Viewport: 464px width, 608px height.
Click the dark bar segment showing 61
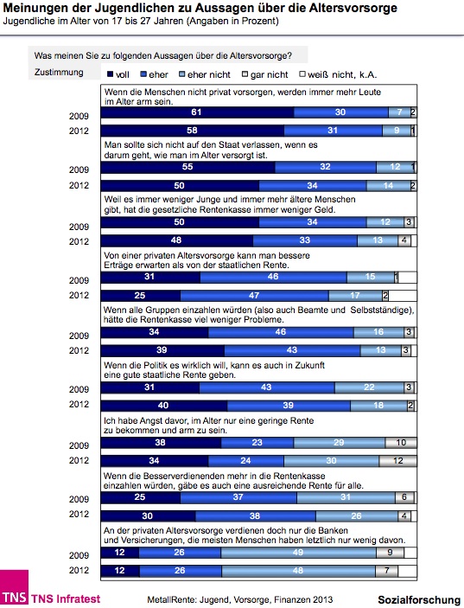coord(197,112)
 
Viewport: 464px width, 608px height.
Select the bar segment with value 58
coord(193,131)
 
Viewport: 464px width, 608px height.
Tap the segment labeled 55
coord(188,167)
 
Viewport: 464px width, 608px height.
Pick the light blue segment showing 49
coord(298,553)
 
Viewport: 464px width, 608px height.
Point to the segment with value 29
coord(340,443)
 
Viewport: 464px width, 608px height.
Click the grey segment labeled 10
coord(401,443)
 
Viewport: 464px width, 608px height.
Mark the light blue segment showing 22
coord(370,387)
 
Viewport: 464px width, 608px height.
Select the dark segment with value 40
coord(164,406)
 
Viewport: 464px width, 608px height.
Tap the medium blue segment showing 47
coord(254,296)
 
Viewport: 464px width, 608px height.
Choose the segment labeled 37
coord(238,497)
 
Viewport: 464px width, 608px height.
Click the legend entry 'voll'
coord(118,74)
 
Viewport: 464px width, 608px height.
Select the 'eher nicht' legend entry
coord(205,74)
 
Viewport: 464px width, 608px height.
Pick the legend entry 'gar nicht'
coord(265,74)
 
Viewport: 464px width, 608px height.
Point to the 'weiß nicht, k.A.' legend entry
coord(338,74)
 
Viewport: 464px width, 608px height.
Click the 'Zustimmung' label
coord(59,72)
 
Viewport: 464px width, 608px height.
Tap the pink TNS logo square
coord(14,586)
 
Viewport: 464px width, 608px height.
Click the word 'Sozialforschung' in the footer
coord(419,599)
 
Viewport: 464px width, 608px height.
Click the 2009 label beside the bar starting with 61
coord(79,116)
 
